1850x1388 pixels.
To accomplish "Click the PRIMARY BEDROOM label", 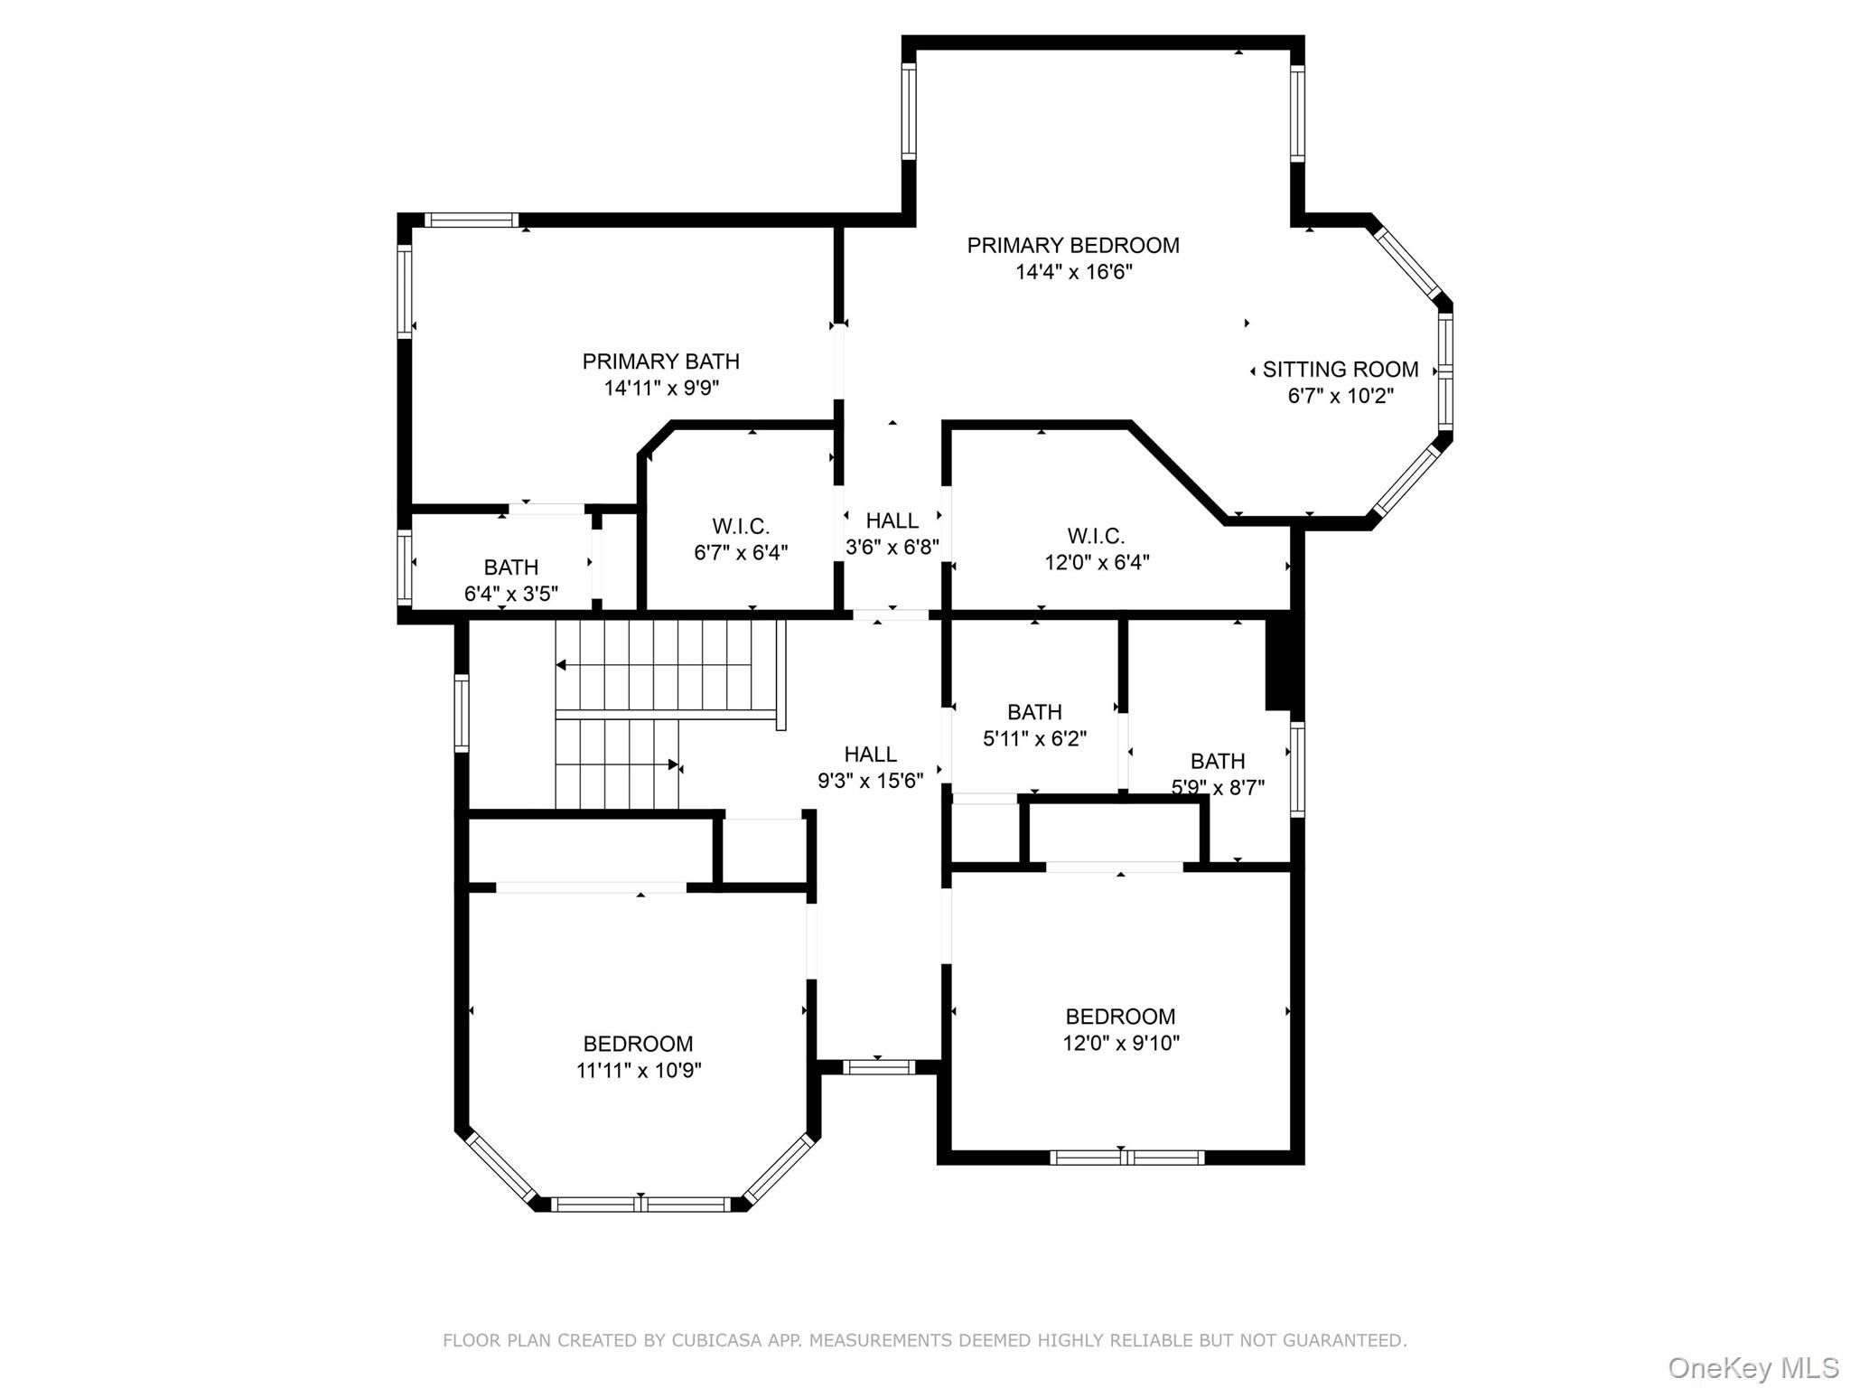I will [1072, 246].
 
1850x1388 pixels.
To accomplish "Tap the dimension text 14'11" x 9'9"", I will [661, 389].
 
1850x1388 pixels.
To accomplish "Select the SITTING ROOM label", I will [1340, 370].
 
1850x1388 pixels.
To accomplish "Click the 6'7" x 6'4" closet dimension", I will [741, 552].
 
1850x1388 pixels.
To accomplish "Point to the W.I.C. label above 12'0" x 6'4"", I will [1096, 536].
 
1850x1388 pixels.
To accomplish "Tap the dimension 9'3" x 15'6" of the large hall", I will [870, 781].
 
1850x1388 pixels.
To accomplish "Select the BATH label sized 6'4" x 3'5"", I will [510, 567].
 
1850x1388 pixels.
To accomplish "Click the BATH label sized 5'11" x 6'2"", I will [1034, 712].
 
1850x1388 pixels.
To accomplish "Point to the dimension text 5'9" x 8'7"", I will [1217, 787].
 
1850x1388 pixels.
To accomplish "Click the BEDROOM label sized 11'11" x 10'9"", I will [638, 1044].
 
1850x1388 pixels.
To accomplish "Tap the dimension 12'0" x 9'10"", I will [1120, 1043].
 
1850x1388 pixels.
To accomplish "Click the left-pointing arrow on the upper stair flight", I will [561, 665].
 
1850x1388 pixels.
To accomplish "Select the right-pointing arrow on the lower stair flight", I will [673, 764].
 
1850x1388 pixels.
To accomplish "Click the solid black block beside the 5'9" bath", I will [1279, 664].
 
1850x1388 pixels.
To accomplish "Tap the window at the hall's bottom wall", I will [879, 1067].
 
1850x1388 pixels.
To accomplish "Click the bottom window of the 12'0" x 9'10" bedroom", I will [1126, 1157].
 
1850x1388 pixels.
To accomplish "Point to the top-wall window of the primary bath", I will [471, 220].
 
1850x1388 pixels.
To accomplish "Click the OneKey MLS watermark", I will [1752, 1367].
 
